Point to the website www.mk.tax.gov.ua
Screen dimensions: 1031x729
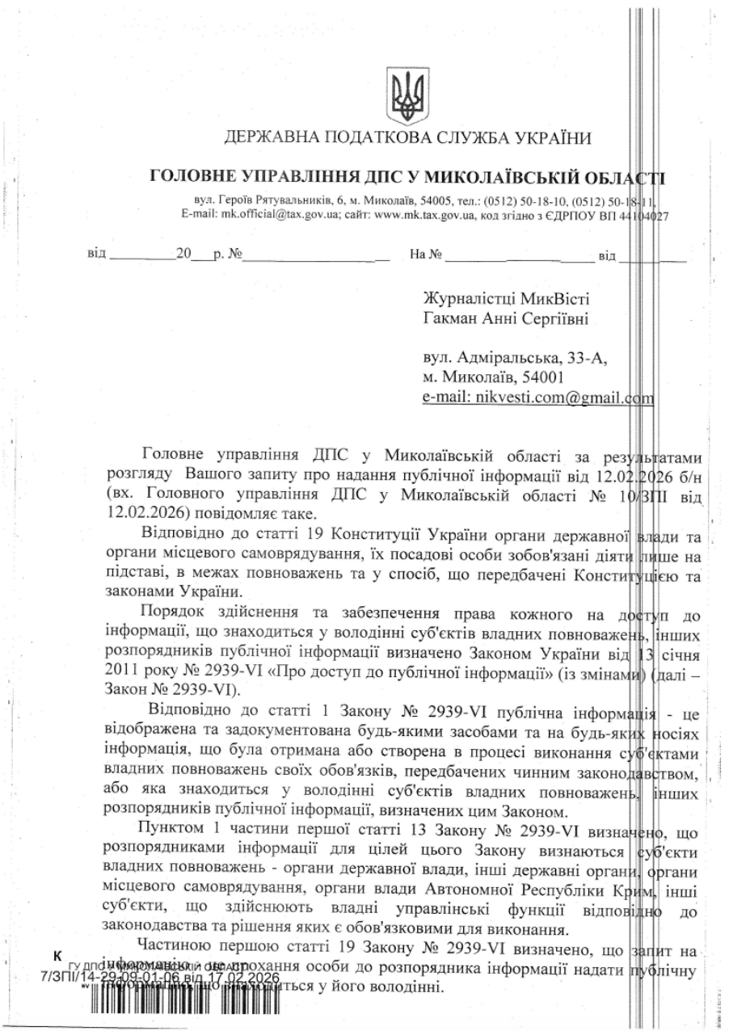(428, 215)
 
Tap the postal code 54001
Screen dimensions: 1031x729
(543, 377)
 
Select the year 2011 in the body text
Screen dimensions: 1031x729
(122, 670)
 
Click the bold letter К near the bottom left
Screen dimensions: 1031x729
(57, 956)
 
